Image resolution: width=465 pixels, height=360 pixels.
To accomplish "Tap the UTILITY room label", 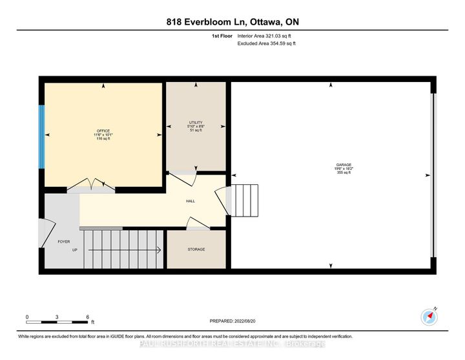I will (x=196, y=126).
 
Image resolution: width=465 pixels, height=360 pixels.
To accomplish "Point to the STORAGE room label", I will (x=196, y=249).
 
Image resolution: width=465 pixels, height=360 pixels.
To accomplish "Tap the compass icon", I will (x=429, y=316).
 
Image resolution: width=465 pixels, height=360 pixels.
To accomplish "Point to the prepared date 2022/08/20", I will (x=232, y=321).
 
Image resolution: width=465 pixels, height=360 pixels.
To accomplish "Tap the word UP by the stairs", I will (x=74, y=249).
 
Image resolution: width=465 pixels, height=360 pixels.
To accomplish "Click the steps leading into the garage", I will (x=245, y=200).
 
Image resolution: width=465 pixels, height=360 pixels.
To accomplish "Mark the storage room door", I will (x=196, y=224).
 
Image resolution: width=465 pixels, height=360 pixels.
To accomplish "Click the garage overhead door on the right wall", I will (x=433, y=175).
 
